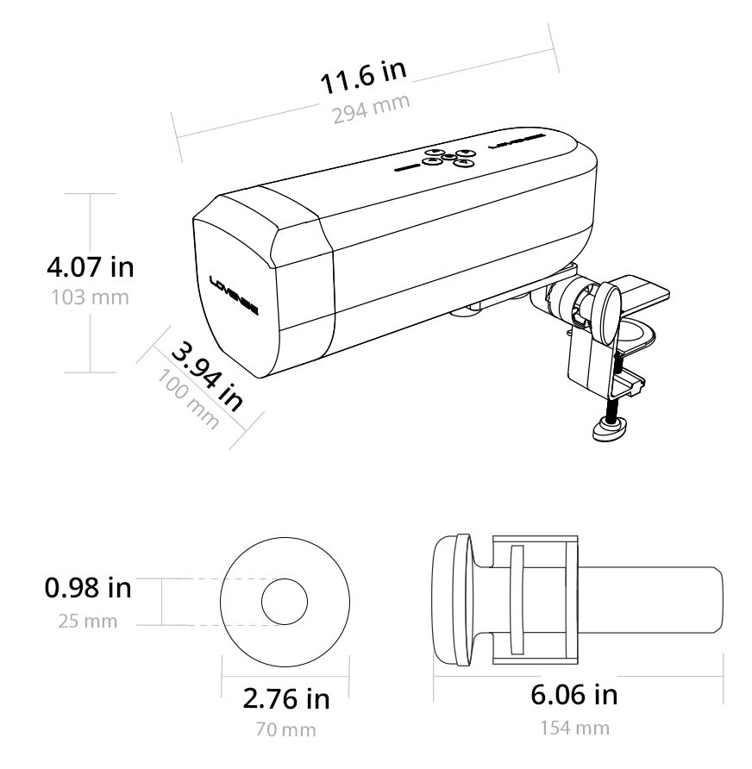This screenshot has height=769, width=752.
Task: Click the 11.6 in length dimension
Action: coord(363,77)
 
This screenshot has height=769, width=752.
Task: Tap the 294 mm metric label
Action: coord(371,109)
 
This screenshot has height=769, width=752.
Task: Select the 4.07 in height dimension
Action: coord(91,266)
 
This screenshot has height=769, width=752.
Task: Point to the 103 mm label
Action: coord(91,297)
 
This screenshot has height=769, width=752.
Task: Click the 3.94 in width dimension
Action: coord(207,377)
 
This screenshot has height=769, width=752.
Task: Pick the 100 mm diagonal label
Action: coord(188,399)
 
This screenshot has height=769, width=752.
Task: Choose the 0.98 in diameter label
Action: coord(88,588)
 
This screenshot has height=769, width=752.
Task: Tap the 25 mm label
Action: coord(88,621)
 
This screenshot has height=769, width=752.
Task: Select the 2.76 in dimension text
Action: coord(286,698)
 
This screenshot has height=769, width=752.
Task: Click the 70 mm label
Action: coord(286,729)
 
